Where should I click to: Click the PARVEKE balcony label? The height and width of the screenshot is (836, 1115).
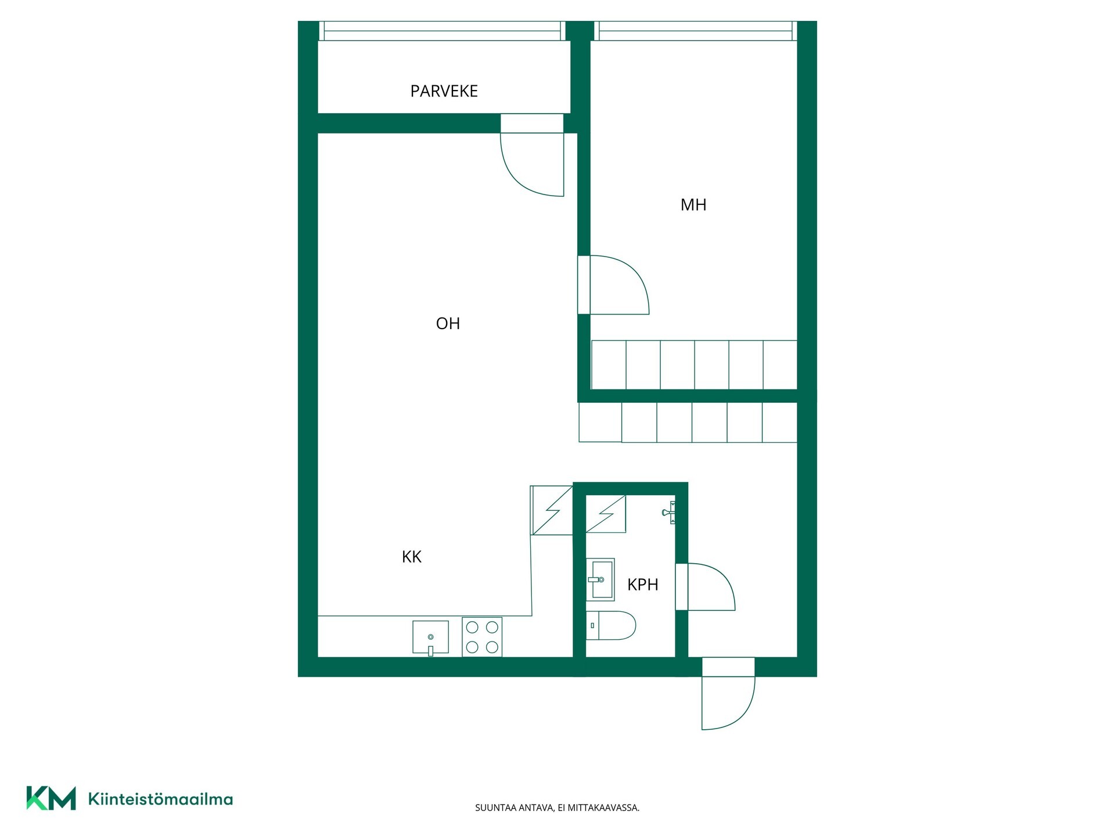tap(444, 91)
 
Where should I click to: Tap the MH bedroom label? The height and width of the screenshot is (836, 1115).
tap(693, 205)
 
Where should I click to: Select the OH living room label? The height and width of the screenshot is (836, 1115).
tap(448, 323)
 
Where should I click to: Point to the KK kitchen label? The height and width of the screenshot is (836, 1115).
tap(412, 557)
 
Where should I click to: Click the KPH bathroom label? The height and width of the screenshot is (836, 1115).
tap(643, 585)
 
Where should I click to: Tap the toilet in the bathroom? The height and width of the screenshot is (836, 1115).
tap(611, 625)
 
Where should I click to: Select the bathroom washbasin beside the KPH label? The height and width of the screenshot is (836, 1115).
tap(600, 579)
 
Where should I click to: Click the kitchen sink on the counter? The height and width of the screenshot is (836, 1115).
tap(430, 637)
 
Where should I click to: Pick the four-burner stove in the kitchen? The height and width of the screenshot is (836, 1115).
tap(482, 637)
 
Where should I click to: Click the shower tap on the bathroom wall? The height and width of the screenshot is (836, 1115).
tap(668, 512)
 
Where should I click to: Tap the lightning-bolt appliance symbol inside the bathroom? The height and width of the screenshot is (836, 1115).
tap(606, 514)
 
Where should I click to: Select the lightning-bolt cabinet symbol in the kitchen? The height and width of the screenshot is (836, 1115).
tap(551, 510)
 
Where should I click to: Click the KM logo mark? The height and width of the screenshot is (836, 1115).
tap(51, 798)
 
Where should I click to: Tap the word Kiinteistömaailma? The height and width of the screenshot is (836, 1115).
tap(160, 799)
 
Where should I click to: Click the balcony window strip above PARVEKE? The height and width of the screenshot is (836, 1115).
tap(443, 31)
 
